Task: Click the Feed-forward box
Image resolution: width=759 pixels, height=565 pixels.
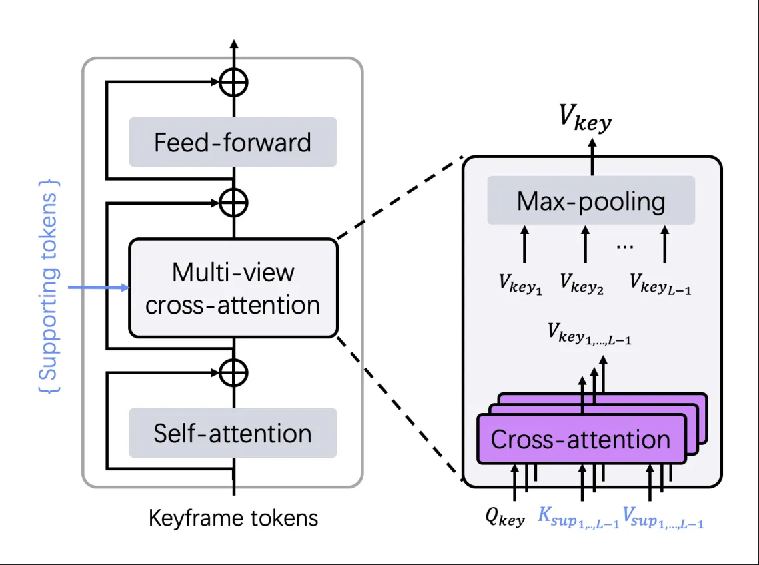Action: [x=233, y=142]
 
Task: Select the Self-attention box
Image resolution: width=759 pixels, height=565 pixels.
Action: [x=233, y=433]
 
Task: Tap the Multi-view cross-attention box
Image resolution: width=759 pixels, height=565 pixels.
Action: [x=233, y=288]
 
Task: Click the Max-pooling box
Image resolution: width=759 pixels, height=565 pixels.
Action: [x=591, y=201]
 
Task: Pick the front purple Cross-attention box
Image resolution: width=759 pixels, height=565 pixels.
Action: [x=580, y=439]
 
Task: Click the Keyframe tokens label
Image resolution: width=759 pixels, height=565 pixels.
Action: [x=233, y=518]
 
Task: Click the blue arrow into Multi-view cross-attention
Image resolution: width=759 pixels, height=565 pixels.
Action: [x=100, y=288]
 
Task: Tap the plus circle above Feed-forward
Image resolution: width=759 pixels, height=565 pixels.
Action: [x=233, y=83]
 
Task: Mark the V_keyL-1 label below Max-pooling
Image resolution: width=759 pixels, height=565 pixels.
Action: [x=660, y=284]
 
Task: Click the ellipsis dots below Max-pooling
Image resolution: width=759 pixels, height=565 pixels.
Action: [x=625, y=245]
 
